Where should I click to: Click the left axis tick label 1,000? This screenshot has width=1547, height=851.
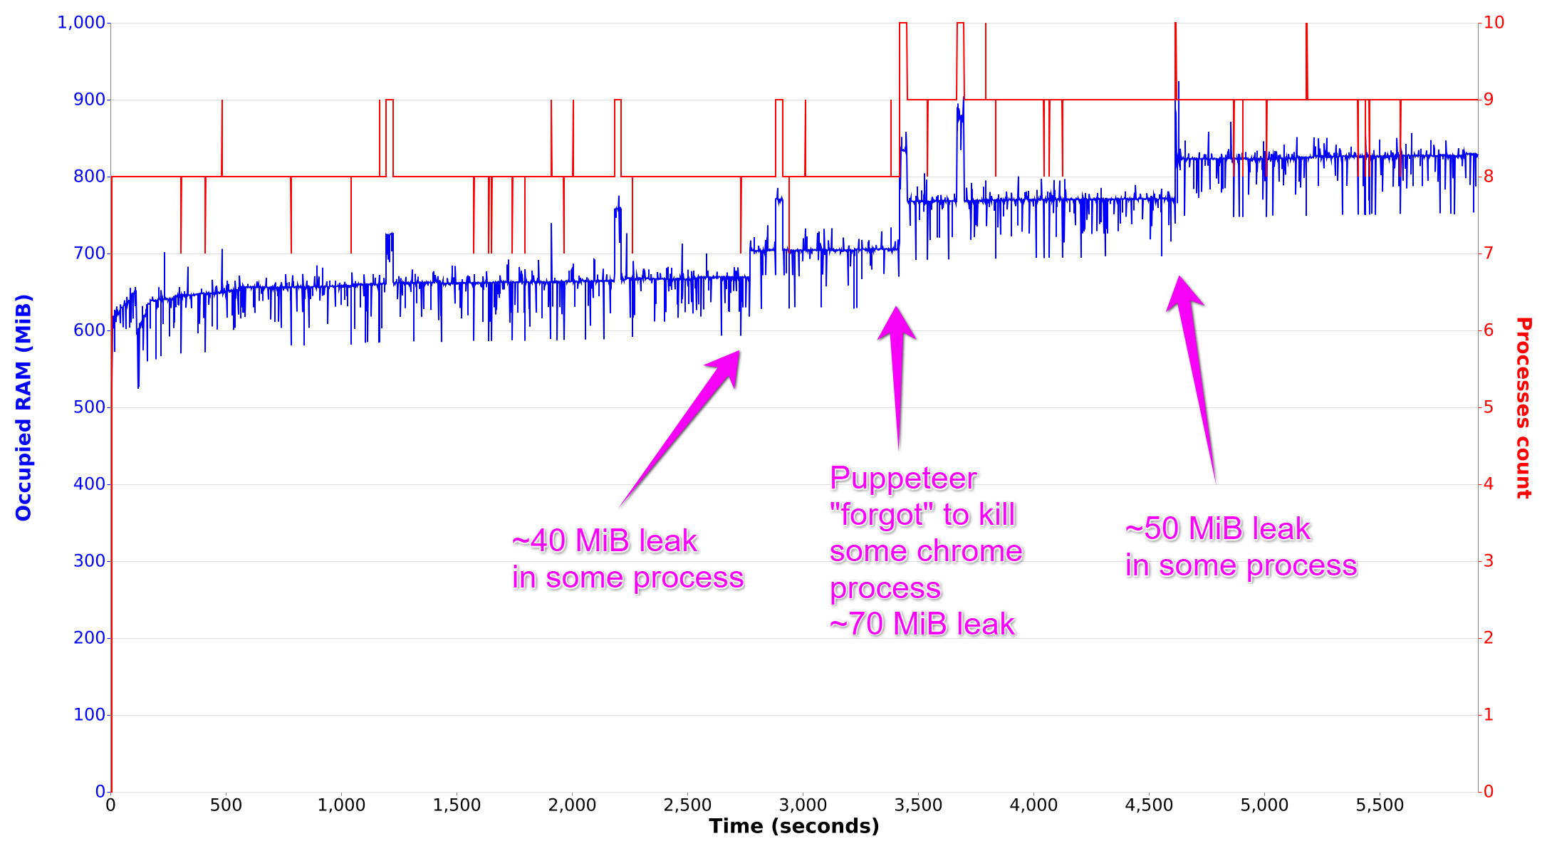[81, 23]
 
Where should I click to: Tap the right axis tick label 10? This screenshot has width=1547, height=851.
[1494, 23]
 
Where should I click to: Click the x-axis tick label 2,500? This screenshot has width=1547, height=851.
[687, 805]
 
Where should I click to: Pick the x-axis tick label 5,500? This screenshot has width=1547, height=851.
[1380, 805]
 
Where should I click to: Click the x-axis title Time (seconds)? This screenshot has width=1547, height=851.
[793, 827]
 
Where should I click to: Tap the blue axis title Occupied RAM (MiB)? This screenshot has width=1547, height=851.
[24, 407]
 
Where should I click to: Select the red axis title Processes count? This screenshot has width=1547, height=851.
[1523, 407]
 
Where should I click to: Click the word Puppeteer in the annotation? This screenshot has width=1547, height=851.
[903, 479]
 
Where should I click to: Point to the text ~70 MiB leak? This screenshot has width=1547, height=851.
[922, 625]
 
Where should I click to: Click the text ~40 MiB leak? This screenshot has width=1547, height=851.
[604, 541]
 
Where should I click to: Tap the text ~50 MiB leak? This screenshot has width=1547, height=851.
[1218, 529]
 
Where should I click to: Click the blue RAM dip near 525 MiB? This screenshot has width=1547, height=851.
[138, 387]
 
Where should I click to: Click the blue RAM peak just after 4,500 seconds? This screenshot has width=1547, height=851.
[1178, 83]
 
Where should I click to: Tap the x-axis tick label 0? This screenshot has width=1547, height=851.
[110, 805]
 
